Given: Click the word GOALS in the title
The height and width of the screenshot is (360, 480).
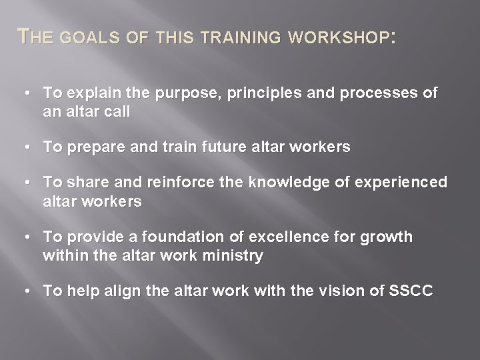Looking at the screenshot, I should tap(85, 39).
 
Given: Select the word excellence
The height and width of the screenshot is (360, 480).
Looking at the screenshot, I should tap(281, 238).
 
